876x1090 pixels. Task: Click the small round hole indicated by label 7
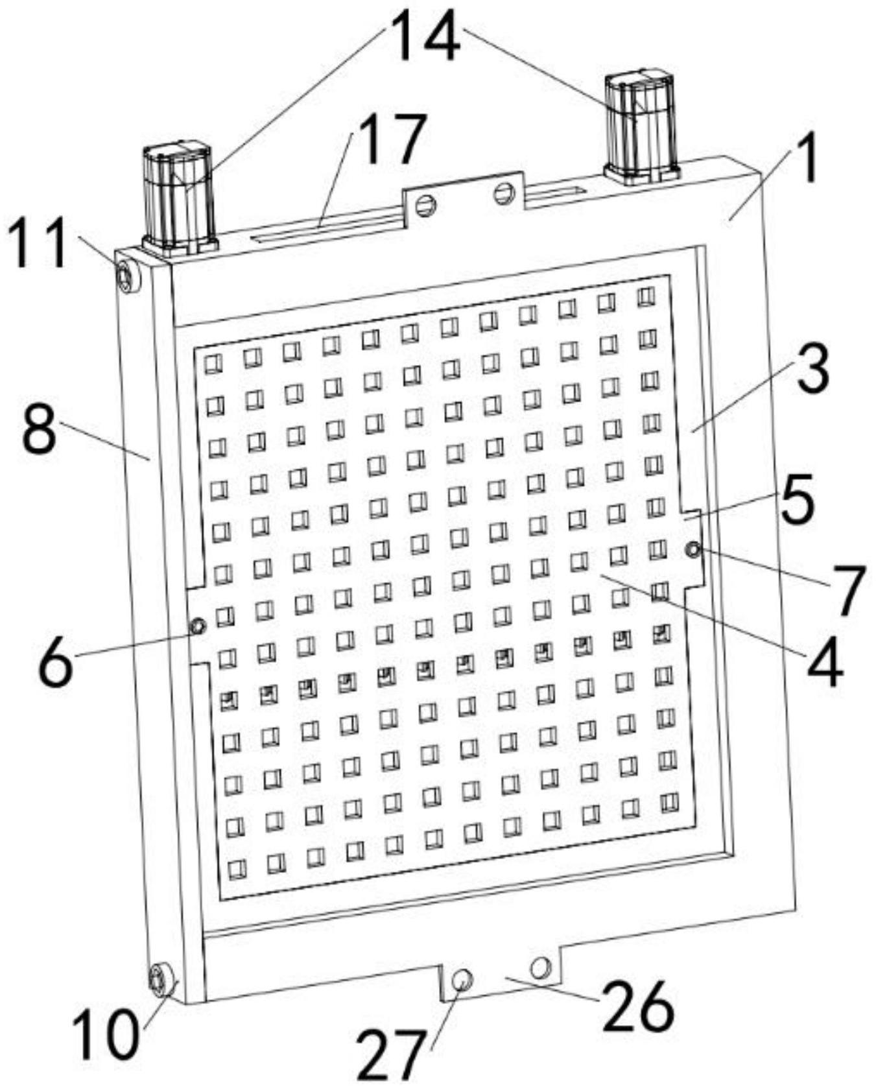693,551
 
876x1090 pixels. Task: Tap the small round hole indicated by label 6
198,626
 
